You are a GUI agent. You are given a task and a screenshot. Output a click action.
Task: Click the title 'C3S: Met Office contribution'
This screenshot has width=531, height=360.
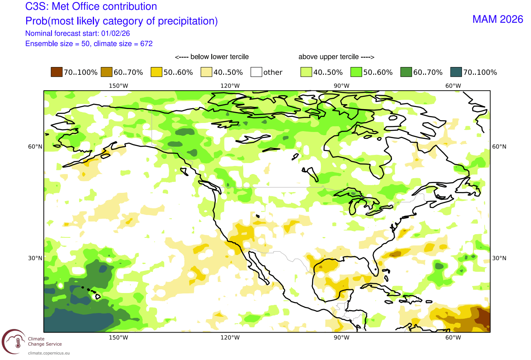91,7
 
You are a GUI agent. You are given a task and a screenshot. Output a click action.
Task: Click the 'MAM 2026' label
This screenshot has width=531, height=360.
497,19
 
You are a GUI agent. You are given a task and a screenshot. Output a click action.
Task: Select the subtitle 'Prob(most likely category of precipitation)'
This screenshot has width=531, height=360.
121,21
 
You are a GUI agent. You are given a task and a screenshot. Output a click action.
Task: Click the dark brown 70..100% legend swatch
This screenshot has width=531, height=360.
56,72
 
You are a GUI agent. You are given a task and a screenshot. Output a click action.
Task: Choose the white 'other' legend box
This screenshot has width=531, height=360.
256,72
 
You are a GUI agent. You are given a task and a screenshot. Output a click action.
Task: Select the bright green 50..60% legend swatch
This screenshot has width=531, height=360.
356,72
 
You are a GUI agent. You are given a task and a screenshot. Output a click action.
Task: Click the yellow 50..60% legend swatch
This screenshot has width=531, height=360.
156,72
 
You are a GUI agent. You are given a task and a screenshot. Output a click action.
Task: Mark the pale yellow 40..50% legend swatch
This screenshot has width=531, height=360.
206,72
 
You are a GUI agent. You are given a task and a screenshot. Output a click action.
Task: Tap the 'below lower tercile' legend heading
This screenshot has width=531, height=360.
211,57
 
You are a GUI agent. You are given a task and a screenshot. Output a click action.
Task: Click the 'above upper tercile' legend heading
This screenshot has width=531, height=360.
336,57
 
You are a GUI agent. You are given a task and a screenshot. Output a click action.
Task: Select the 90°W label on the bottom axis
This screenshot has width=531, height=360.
341,338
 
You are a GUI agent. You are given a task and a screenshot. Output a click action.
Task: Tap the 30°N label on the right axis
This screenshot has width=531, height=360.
499,258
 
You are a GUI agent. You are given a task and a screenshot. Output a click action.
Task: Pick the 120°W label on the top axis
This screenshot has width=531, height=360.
230,86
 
